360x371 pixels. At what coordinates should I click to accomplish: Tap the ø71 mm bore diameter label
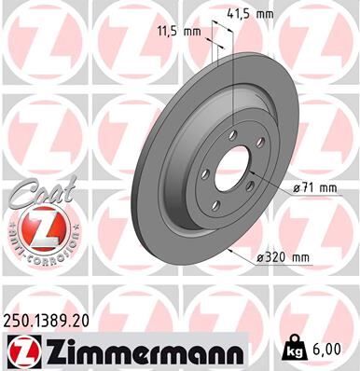(x=315, y=187)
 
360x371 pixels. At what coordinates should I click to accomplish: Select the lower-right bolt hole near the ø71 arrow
(x=258, y=186)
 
